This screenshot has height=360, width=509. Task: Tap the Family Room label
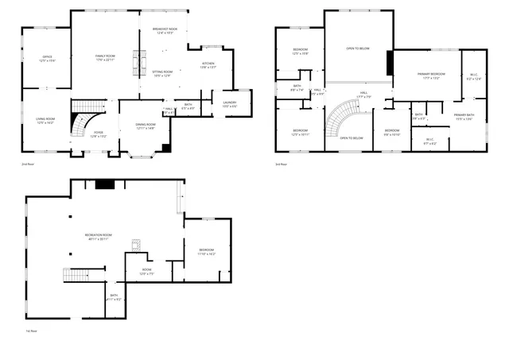(x=106, y=56)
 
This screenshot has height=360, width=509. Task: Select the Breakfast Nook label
(x=165, y=29)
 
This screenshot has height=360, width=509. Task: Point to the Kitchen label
(x=208, y=64)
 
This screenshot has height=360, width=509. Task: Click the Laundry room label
(x=229, y=103)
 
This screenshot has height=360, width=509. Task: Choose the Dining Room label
(x=145, y=125)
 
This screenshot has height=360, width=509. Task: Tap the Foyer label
(x=99, y=133)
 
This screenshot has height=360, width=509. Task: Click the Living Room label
(x=45, y=119)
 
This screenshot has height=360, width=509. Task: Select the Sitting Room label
(x=162, y=72)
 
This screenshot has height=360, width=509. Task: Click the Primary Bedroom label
(x=431, y=74)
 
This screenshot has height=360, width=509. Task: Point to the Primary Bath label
(x=464, y=116)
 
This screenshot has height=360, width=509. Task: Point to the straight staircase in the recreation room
(x=79, y=275)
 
